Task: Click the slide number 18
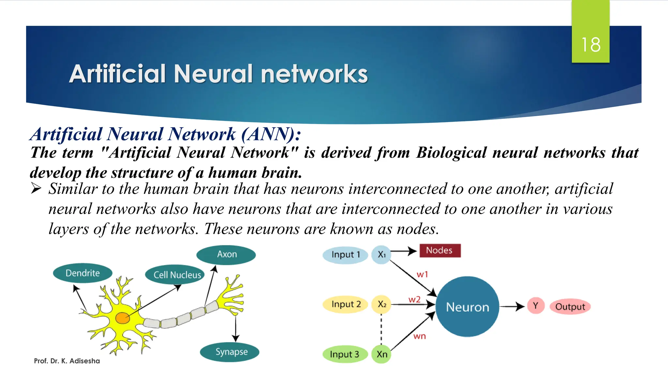(x=591, y=45)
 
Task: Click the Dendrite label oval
(x=83, y=273)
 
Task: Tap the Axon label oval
(x=226, y=254)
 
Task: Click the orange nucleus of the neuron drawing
(x=122, y=318)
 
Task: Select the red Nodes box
(x=440, y=251)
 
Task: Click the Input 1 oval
(x=345, y=255)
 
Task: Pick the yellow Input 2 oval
(x=345, y=304)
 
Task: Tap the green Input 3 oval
(x=345, y=354)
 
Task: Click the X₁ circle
(x=381, y=255)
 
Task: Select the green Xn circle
(x=381, y=354)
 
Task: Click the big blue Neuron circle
(x=467, y=307)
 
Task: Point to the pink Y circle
(x=536, y=306)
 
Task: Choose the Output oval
(x=570, y=307)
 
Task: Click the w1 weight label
(x=422, y=274)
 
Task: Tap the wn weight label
(x=419, y=336)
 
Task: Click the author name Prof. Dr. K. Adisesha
(x=67, y=361)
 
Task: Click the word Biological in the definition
(x=451, y=153)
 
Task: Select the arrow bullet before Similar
(x=36, y=189)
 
